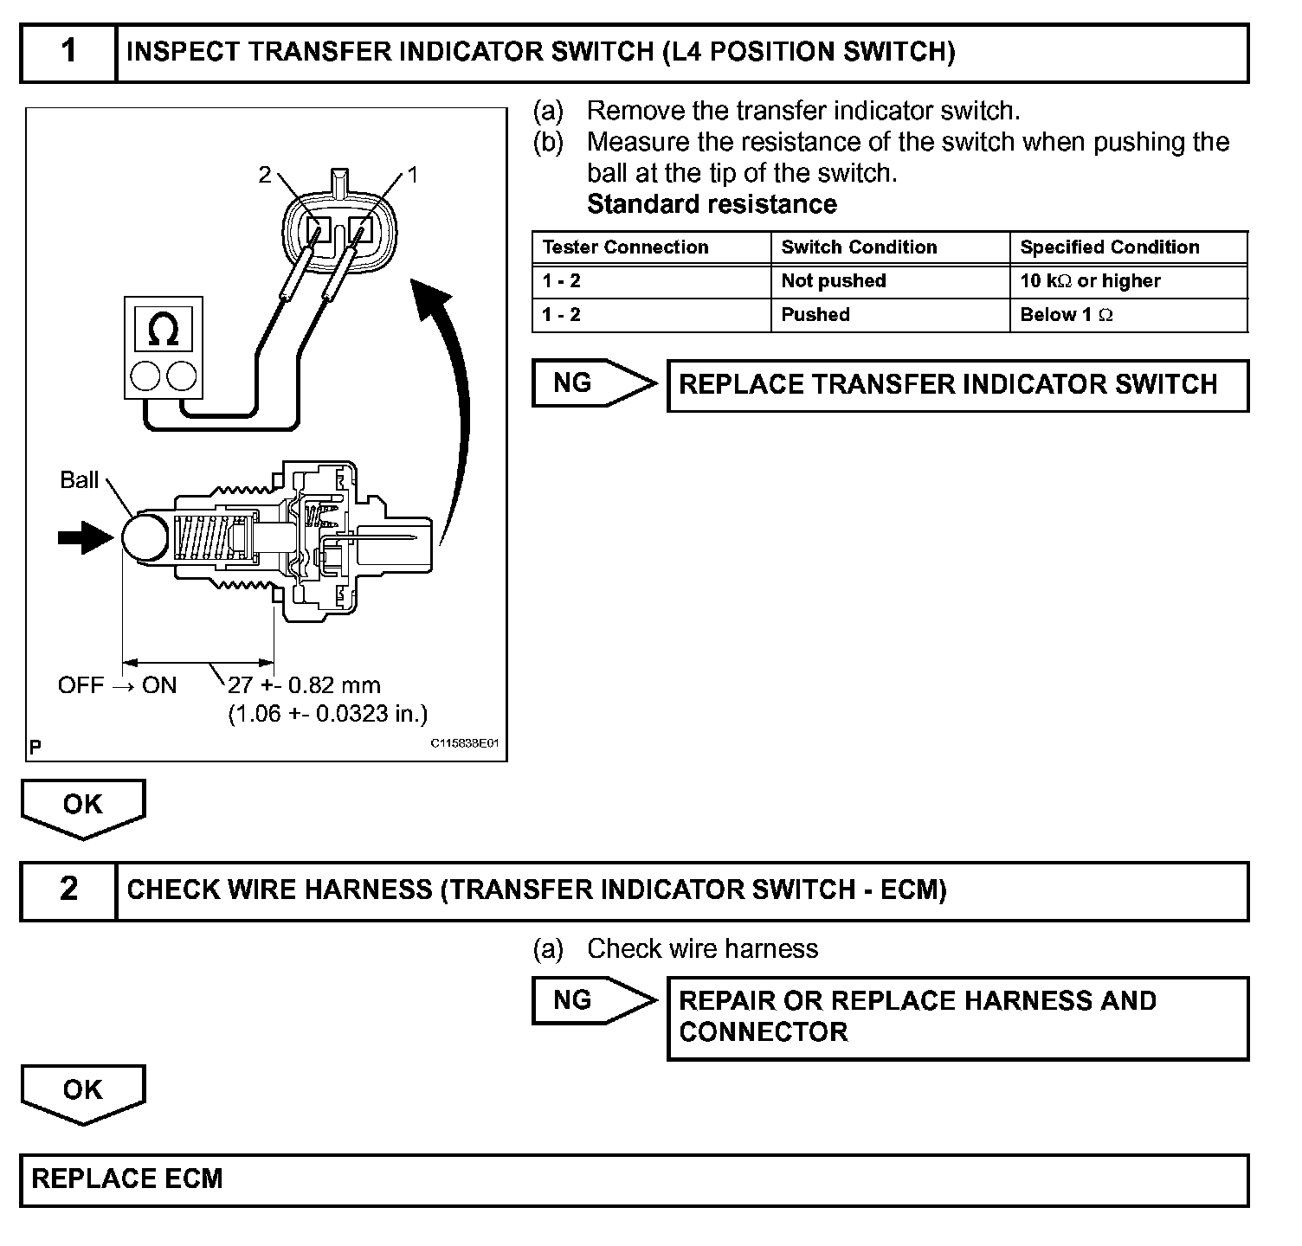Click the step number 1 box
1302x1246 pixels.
(68, 52)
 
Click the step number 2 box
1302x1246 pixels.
(68, 890)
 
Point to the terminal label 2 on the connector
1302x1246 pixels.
(265, 175)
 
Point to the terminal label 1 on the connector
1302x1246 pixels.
(413, 175)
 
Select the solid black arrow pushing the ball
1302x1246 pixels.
(85, 537)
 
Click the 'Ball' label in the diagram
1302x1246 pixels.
(79, 480)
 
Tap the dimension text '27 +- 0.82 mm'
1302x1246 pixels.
(304, 685)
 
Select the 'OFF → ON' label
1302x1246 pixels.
(117, 685)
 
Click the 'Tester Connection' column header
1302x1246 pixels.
(625, 247)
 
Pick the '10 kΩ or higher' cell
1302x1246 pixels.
(1090, 281)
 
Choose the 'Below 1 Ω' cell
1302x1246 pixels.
(1066, 315)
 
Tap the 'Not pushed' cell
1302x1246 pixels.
(833, 281)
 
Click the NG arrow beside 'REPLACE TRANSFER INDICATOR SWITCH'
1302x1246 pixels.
(593, 383)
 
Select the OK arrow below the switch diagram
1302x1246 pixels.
(83, 807)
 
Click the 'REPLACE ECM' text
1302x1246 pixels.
(127, 1179)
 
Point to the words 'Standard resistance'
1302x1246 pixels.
(712, 205)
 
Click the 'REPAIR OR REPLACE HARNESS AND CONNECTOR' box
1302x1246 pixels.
(957, 1018)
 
